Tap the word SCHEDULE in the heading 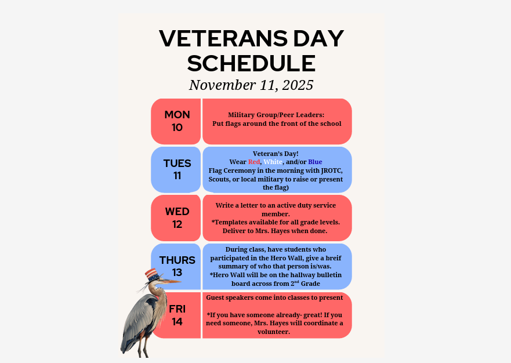(251, 63)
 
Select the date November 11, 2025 (251, 85)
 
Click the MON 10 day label (177, 121)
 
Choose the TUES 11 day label (177, 169)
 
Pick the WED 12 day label (177, 217)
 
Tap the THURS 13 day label (177, 266)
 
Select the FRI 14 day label (177, 315)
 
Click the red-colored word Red (254, 162)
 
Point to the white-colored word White (273, 162)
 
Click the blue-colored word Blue (315, 162)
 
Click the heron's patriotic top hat (151, 274)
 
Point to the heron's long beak (171, 281)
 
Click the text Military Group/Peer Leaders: (276, 115)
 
